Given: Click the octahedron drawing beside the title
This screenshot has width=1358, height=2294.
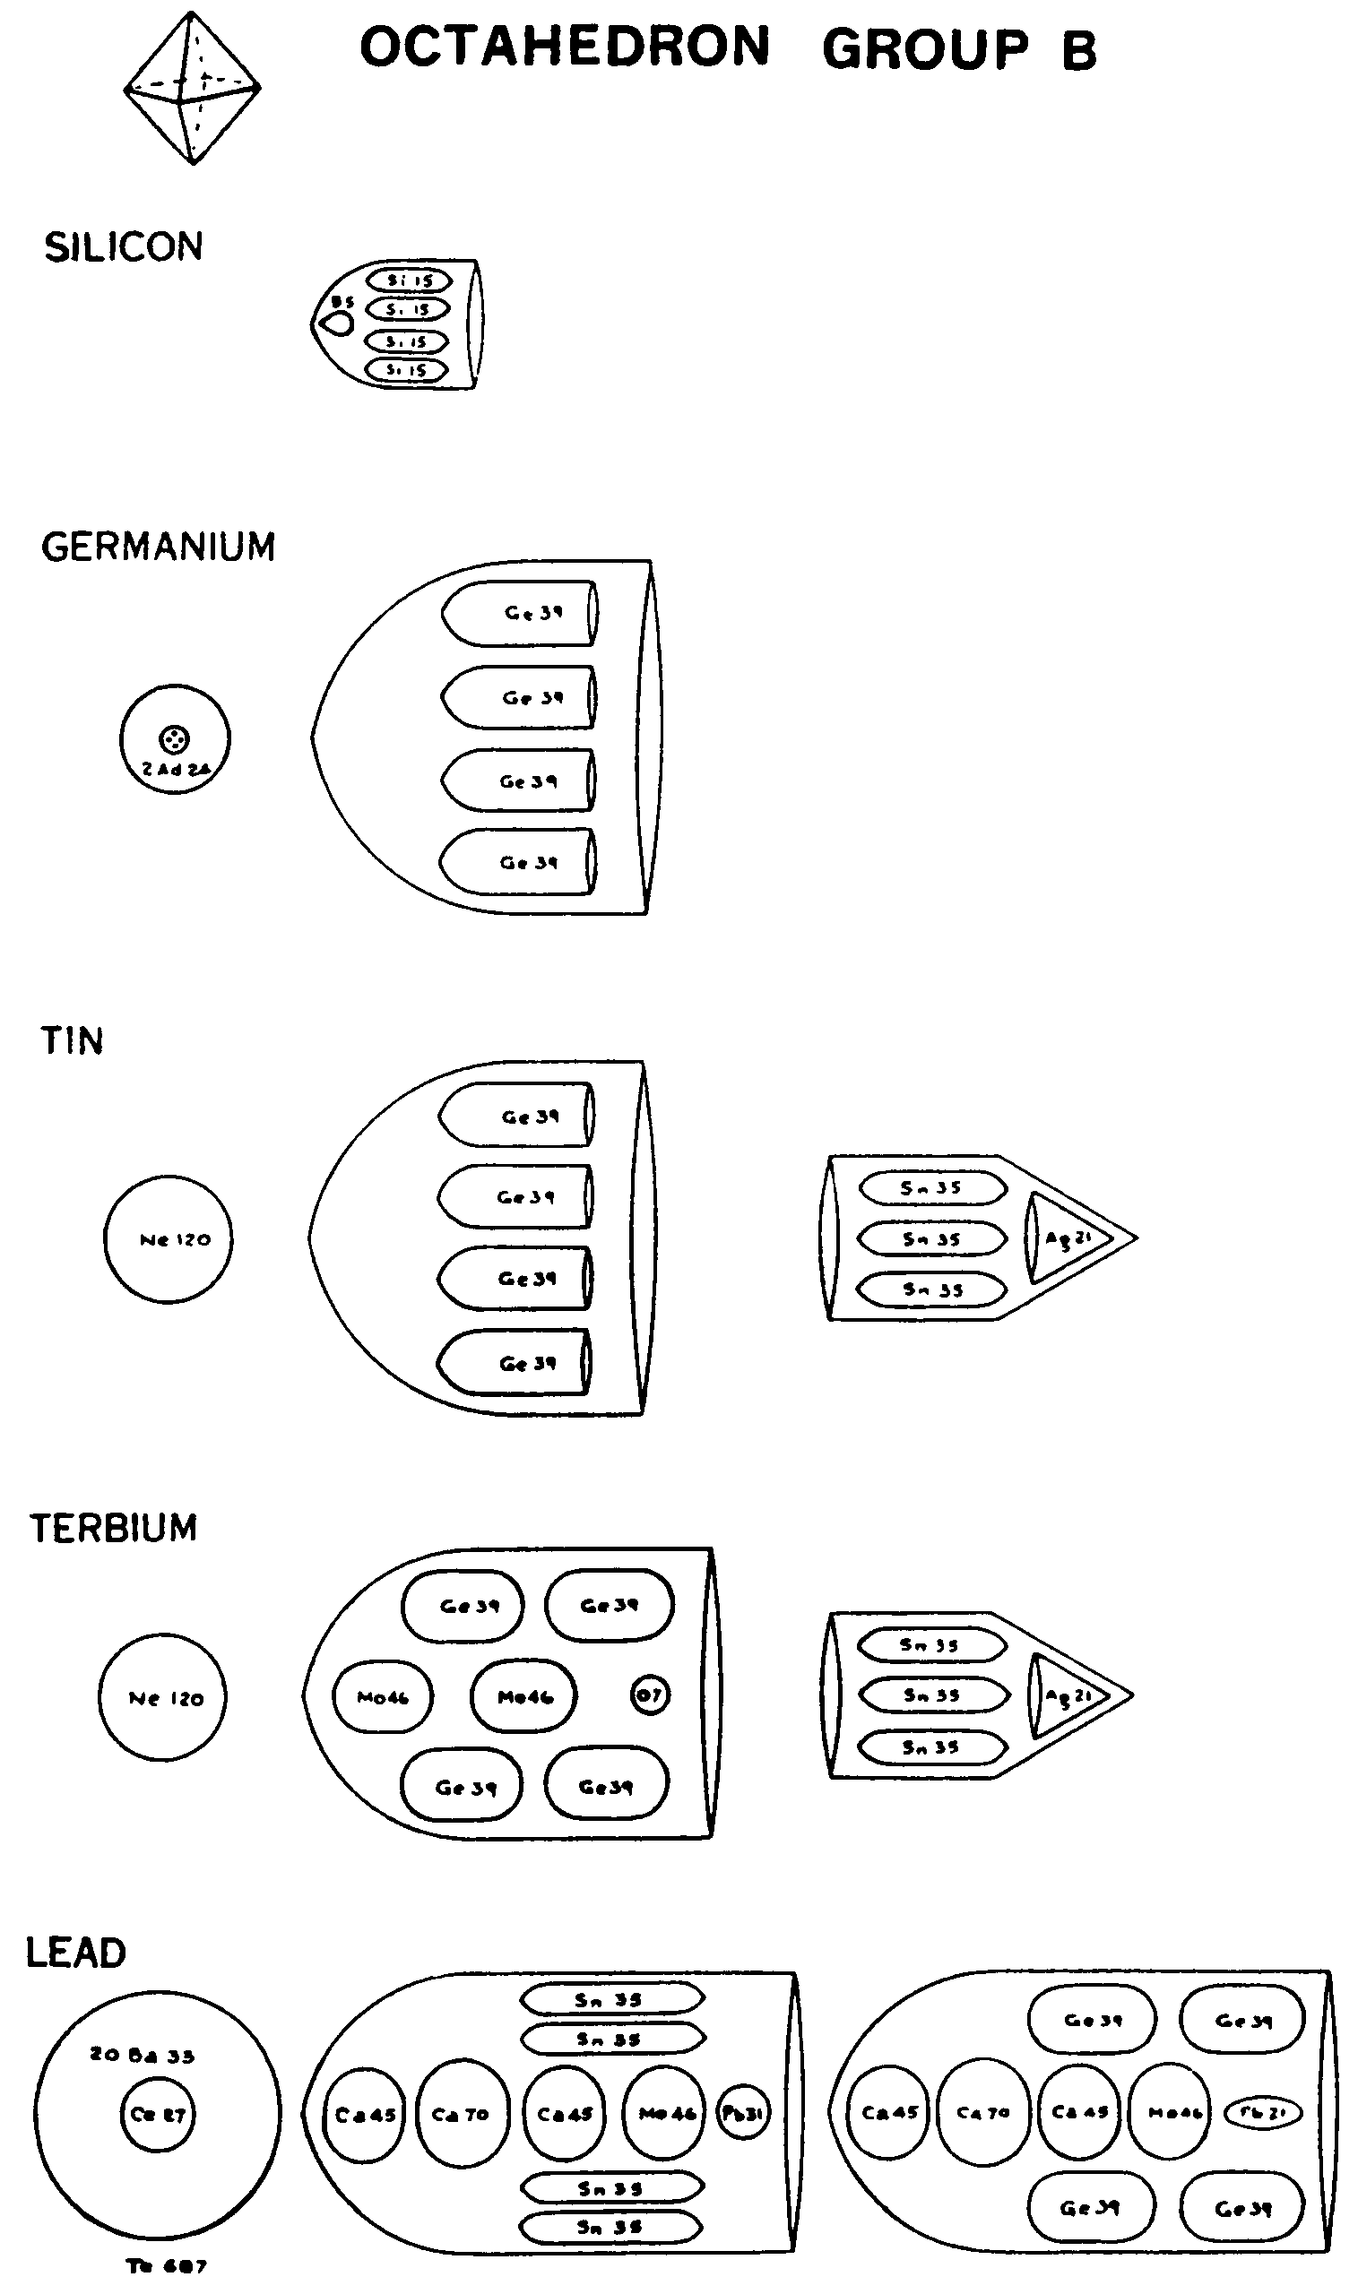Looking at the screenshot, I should (x=192, y=89).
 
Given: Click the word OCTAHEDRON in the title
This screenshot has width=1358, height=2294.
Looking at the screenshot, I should (x=565, y=47).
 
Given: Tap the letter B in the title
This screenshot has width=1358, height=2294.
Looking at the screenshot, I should (x=1078, y=49).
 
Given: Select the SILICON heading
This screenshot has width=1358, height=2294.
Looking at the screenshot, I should (x=124, y=248).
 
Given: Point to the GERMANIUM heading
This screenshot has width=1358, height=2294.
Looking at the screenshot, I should (x=159, y=547).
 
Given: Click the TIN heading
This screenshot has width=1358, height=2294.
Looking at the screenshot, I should (x=73, y=1041).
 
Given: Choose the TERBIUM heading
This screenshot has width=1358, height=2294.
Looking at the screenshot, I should (x=114, y=1529).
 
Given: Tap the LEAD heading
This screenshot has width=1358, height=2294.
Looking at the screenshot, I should (x=76, y=1952).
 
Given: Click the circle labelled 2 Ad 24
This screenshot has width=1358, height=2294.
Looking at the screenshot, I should (x=175, y=739).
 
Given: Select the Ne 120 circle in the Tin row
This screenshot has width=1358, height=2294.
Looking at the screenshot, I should (x=169, y=1239).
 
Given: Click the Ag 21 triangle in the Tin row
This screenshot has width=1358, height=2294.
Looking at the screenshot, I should (x=1065, y=1238).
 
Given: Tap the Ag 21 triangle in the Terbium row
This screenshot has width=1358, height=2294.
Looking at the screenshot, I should (x=1065, y=1695).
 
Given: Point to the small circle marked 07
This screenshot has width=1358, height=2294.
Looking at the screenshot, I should (x=650, y=1695).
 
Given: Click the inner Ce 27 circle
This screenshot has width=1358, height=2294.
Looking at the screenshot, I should (x=158, y=2114).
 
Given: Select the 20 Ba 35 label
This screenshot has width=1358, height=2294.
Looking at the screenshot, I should (x=142, y=2056).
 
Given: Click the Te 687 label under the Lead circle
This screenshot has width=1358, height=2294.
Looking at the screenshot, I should (x=166, y=2265).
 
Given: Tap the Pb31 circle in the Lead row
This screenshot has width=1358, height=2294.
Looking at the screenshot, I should (x=742, y=2114).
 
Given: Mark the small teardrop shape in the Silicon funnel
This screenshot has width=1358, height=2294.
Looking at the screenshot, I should (x=338, y=323).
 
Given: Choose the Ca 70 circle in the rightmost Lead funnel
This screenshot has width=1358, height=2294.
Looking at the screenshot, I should (x=983, y=2113).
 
